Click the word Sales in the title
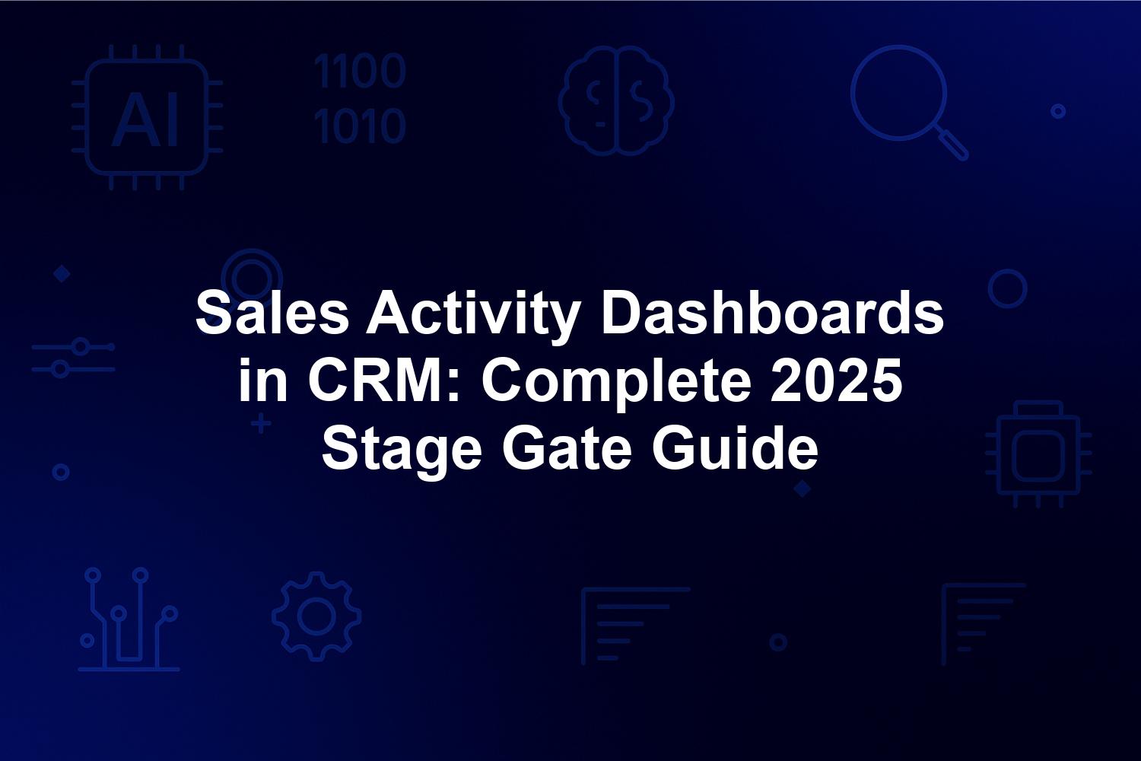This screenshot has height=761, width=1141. coord(272,312)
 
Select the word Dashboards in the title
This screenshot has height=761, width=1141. coord(772,312)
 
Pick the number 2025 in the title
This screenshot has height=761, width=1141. coord(836,380)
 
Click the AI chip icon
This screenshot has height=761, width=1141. coord(147,117)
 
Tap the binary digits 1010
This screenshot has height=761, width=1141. coord(360,126)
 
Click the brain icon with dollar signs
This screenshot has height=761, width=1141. coord(616,100)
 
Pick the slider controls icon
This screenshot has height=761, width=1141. coord(73,358)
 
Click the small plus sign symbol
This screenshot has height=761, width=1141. coord(261,424)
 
